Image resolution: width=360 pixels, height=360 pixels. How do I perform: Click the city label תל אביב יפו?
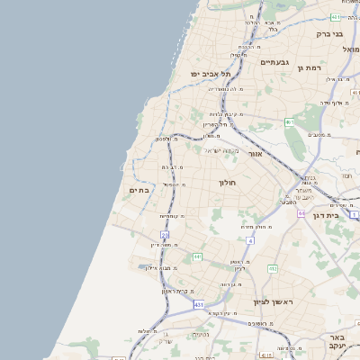click(x=210, y=73)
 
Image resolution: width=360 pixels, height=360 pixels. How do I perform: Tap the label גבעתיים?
click(x=274, y=63)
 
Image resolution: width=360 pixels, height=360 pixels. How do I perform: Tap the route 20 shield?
click(x=165, y=234)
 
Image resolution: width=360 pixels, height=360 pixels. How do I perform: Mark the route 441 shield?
click(x=196, y=257)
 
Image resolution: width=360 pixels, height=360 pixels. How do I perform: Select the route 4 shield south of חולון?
click(x=249, y=240)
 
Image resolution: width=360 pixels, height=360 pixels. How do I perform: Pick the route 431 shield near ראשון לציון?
click(x=198, y=305)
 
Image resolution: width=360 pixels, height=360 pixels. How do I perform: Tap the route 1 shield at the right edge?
click(x=355, y=215)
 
